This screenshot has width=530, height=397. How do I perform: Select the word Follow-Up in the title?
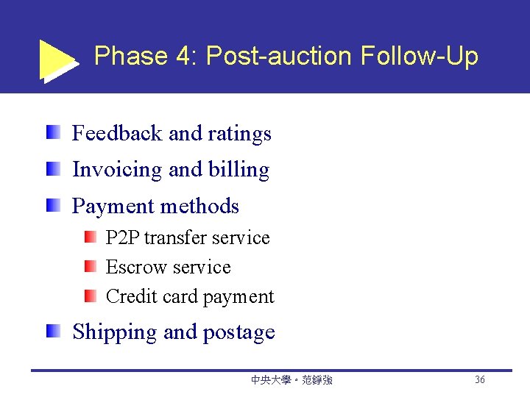[x=420, y=56]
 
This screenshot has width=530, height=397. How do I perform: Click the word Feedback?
[x=117, y=133]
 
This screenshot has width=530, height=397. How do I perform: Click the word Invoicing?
[x=117, y=170]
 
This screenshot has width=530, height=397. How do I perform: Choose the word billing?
[x=239, y=170]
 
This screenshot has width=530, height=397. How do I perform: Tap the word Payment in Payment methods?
[x=113, y=207]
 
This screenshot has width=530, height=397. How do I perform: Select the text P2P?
[x=123, y=238]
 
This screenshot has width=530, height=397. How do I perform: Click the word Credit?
[x=126, y=296]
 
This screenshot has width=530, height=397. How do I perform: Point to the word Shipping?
[x=114, y=332]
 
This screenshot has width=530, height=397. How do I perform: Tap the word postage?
[x=239, y=332]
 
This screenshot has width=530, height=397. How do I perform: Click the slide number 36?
[x=479, y=380]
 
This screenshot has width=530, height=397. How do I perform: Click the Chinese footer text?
[x=291, y=380]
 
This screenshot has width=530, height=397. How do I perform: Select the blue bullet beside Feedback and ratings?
[x=53, y=133]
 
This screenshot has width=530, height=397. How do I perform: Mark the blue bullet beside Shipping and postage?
[x=53, y=332]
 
